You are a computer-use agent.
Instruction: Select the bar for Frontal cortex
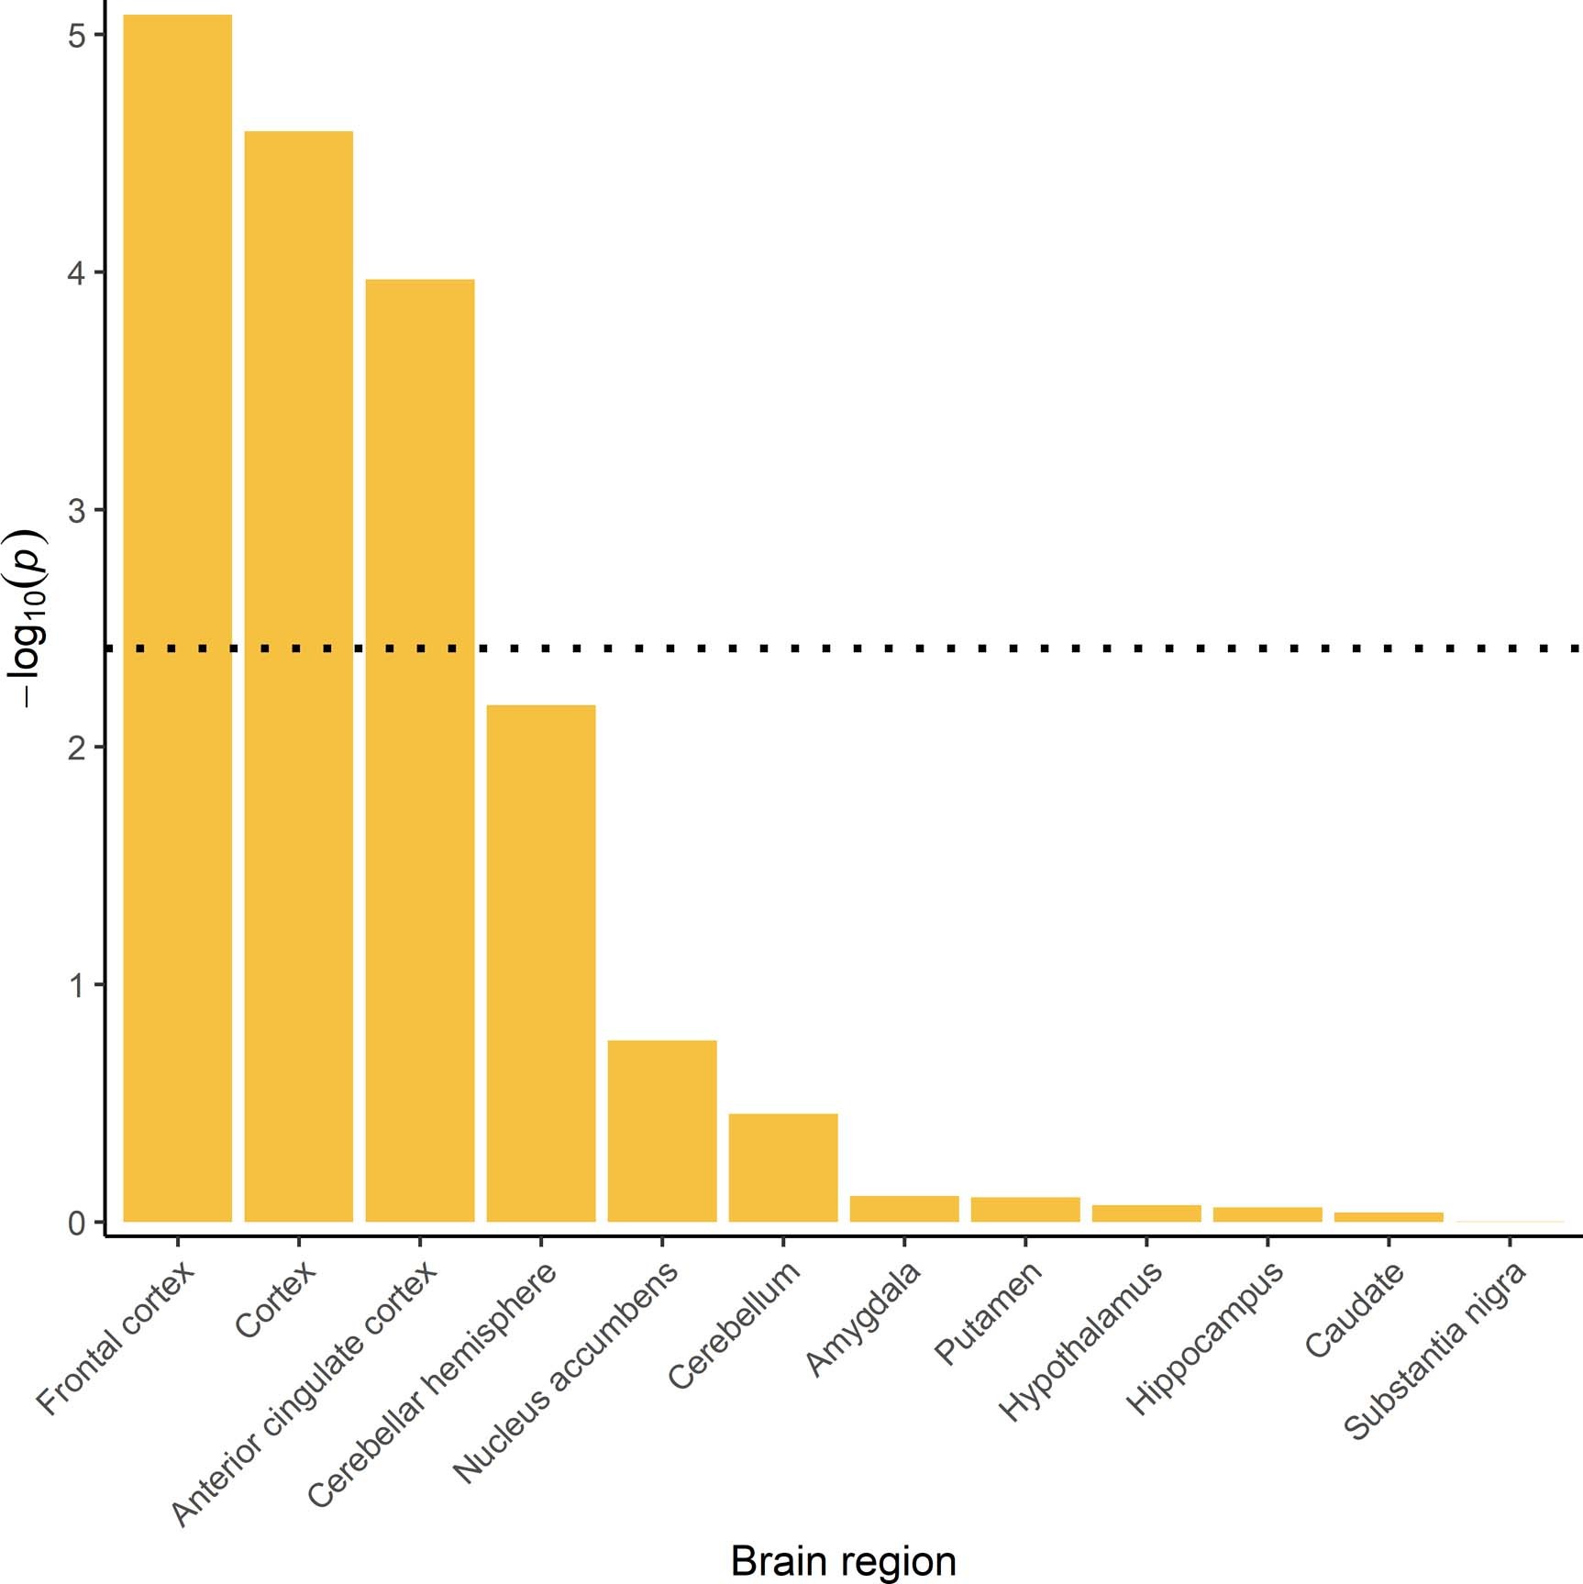(177, 619)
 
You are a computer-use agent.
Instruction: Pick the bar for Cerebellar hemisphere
(540, 963)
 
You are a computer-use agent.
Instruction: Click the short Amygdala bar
(903, 1209)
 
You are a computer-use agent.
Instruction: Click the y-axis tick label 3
(76, 510)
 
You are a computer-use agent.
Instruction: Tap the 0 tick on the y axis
(76, 1223)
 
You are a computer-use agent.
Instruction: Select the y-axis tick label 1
(76, 985)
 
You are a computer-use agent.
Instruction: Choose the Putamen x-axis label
(989, 1313)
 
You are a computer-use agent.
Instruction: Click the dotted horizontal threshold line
(1009, 648)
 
